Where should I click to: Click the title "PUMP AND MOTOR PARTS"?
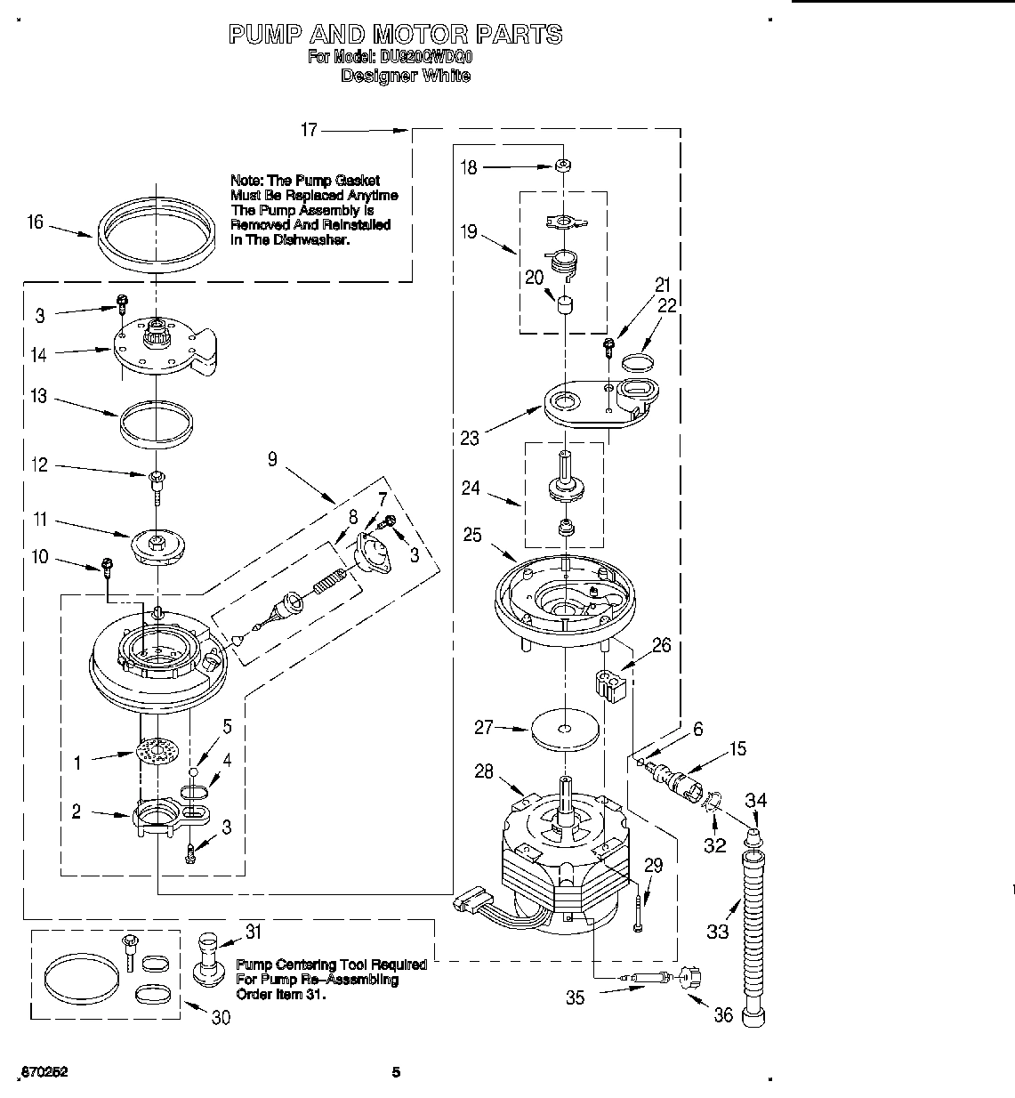(x=395, y=35)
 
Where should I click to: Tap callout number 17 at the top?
(x=308, y=130)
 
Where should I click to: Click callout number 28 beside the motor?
(x=483, y=771)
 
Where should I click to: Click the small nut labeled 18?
(x=562, y=166)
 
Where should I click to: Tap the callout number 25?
(x=472, y=535)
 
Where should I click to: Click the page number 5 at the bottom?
(x=397, y=1072)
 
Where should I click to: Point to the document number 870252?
(x=42, y=1072)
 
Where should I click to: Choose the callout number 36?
(x=723, y=1014)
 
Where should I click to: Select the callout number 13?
(x=38, y=397)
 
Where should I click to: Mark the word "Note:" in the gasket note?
(x=246, y=181)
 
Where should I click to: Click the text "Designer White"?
(x=406, y=77)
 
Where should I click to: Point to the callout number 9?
(x=272, y=459)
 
